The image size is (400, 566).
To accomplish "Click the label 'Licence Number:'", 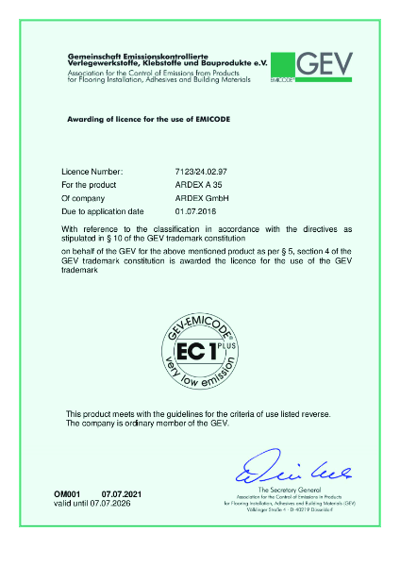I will tap(92, 172).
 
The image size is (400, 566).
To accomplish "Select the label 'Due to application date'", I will tap(103, 211).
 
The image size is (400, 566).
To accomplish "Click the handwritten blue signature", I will tap(282, 467).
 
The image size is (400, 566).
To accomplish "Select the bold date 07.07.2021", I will tap(122, 494).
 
